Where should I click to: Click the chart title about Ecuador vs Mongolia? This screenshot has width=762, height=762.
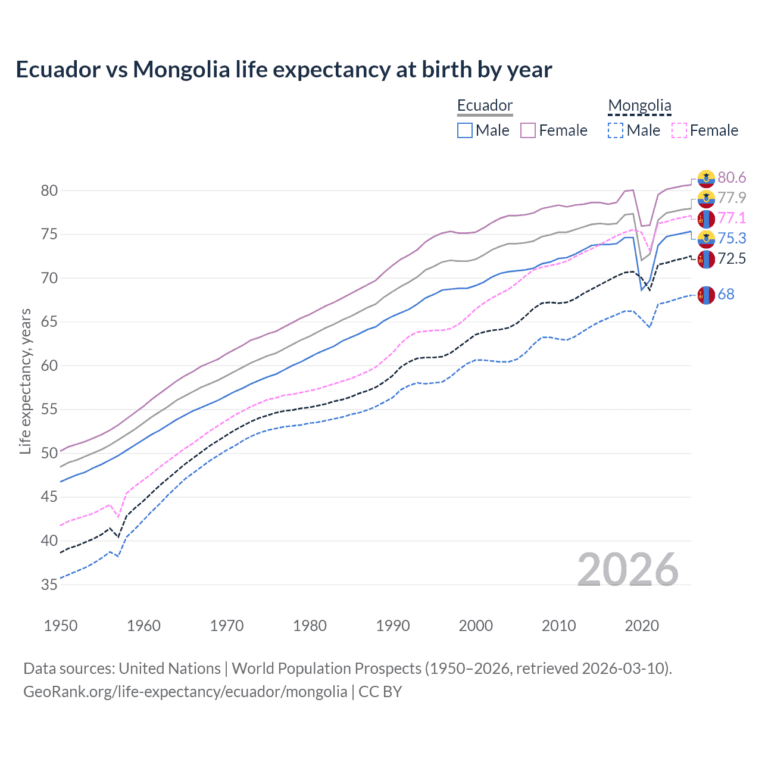[284, 70]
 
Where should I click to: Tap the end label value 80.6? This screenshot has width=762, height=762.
[732, 177]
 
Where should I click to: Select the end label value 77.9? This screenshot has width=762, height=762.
[732, 198]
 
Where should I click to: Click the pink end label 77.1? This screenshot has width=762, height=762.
[732, 218]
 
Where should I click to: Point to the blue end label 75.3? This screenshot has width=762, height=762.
[732, 238]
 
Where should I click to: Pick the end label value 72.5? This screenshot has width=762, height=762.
[732, 258]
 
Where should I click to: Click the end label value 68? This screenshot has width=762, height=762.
[726, 294]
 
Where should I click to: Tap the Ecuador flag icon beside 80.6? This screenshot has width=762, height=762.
[706, 178]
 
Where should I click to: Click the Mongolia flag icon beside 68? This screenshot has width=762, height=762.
[706, 295]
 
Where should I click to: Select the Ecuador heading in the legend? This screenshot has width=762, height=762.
[485, 105]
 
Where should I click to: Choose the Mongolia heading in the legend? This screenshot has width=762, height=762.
[639, 105]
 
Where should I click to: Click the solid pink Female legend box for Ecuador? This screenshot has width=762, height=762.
[528, 130]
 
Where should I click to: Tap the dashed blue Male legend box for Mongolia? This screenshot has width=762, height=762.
[616, 130]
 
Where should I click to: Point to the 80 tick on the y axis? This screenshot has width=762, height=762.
[49, 191]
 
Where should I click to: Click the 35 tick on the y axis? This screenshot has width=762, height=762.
[49, 585]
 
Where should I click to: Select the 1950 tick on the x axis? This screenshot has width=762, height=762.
[61, 626]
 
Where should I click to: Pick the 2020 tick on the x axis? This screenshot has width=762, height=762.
[642, 626]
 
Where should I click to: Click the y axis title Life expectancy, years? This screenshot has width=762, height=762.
[26, 381]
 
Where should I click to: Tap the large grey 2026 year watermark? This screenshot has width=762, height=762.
[628, 570]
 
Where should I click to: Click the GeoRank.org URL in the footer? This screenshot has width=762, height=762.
[185, 691]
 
